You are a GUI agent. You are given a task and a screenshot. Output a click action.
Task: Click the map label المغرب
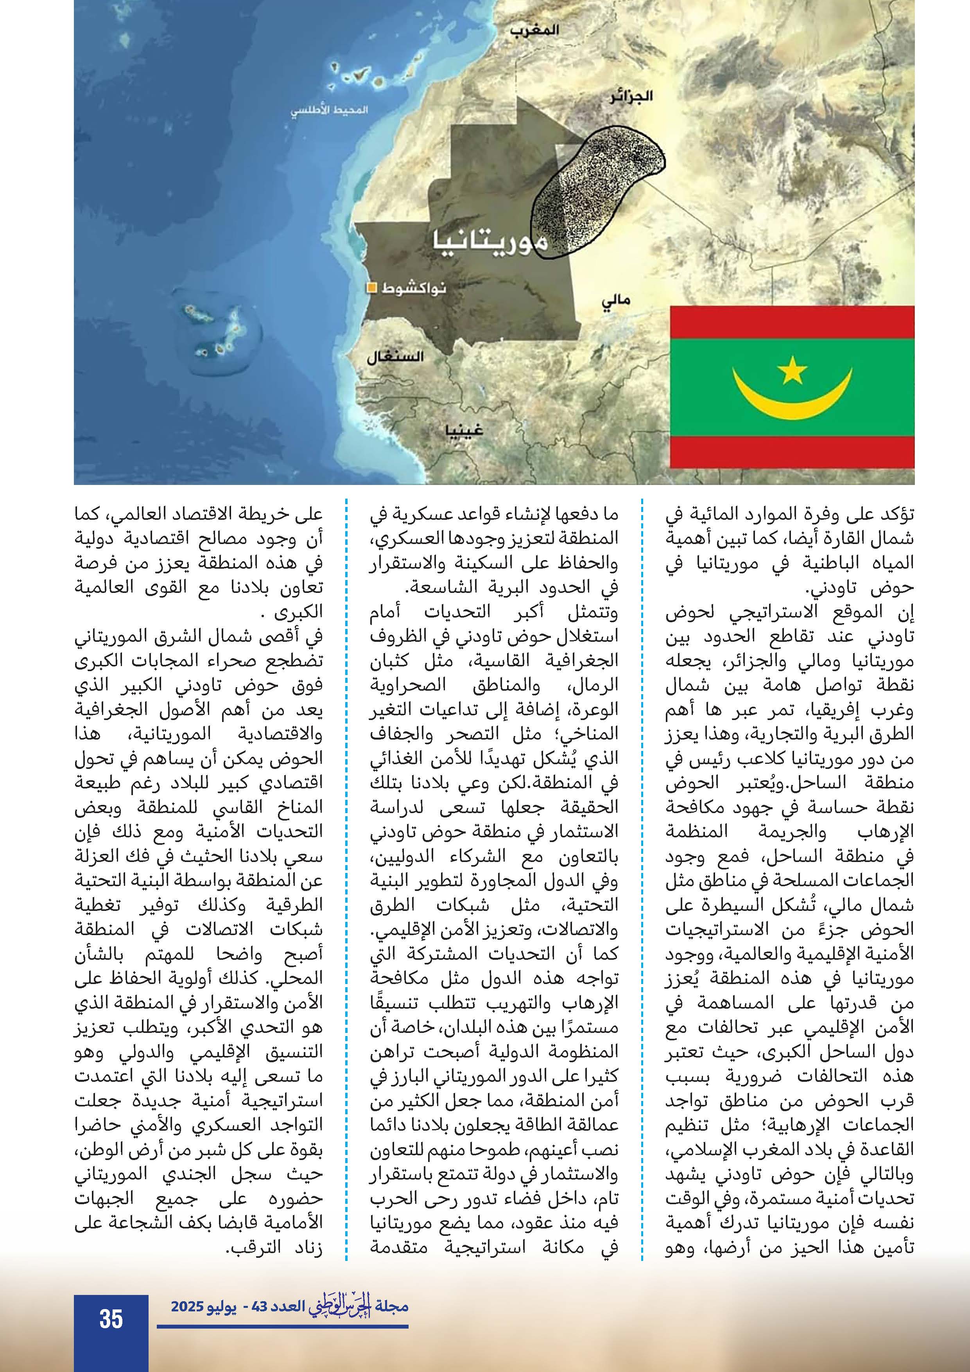coord(534,30)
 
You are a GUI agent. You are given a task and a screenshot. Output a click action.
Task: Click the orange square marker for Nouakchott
coord(371,288)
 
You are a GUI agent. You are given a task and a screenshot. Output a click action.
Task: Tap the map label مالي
coord(616,301)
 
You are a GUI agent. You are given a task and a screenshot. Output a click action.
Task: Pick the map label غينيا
coord(464,430)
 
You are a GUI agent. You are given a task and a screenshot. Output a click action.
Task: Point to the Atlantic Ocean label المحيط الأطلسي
coord(329,111)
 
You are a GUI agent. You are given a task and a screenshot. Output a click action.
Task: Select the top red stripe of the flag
coord(792,322)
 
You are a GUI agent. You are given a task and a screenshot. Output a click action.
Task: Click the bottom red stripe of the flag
coord(792,452)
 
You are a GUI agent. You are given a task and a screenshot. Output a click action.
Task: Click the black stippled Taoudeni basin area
coord(591,191)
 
